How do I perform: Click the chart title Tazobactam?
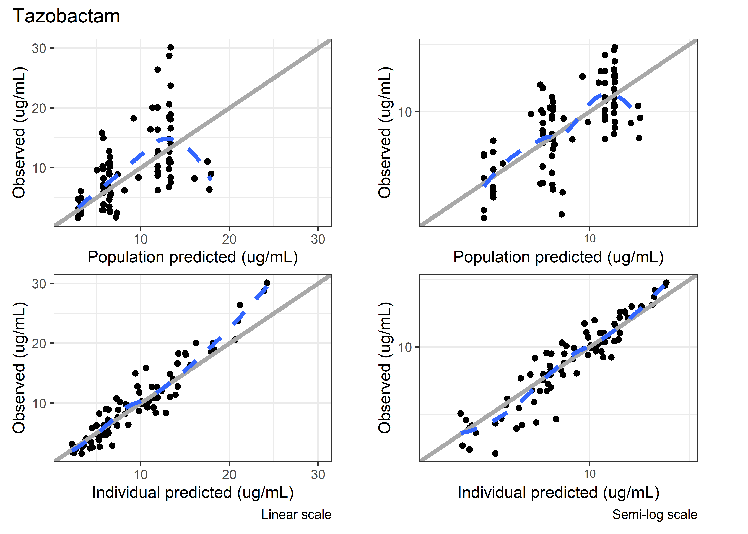[66, 16]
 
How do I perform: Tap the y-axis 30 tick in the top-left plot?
[39, 48]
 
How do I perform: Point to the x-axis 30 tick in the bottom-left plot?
[318, 475]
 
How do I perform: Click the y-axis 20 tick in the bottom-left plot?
[39, 344]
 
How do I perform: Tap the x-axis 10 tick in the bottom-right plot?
[589, 474]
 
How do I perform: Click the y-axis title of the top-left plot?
[19, 132]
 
